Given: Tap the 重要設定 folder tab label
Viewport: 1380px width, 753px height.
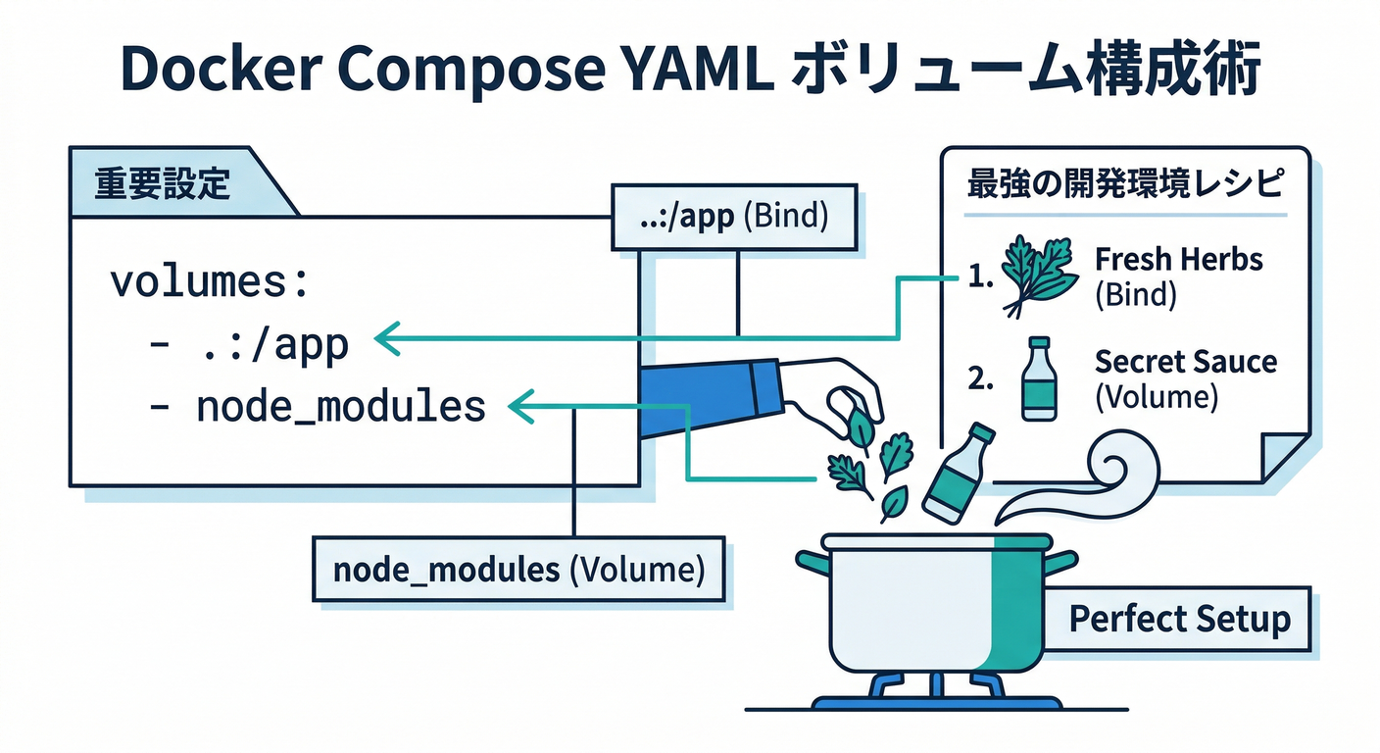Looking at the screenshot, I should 162,183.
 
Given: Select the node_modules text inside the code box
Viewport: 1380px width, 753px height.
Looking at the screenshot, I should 340,406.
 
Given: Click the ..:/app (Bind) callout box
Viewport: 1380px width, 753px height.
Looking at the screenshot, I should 733,217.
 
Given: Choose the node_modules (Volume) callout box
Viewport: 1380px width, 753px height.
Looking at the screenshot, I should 518,570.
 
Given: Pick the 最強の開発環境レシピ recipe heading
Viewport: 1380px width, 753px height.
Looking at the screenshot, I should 1124,184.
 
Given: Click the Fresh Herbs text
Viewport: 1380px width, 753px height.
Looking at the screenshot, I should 1178,260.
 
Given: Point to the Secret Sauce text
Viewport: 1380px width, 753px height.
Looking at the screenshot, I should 1185,363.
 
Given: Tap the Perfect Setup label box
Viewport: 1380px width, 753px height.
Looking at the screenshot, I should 1179,619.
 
